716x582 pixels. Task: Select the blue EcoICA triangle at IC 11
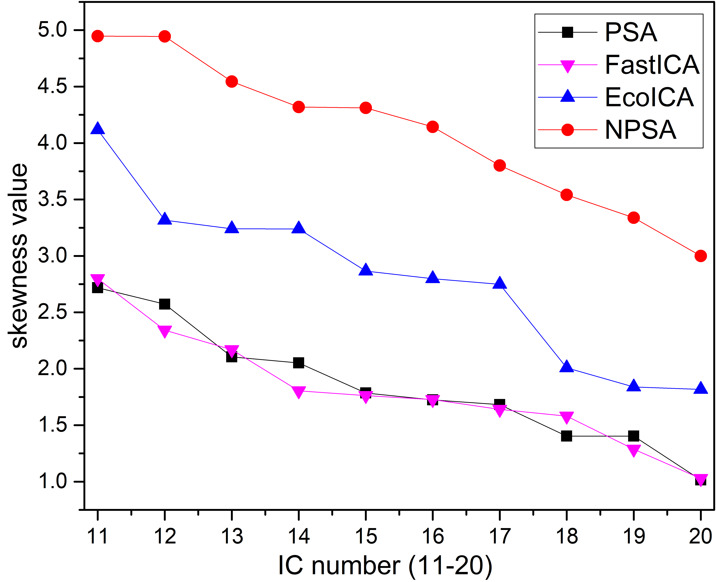coord(98,128)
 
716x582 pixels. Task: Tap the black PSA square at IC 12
coord(164,304)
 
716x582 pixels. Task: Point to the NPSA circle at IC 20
coord(700,256)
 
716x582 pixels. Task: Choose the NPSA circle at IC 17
coord(499,165)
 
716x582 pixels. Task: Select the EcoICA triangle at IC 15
coord(365,270)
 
